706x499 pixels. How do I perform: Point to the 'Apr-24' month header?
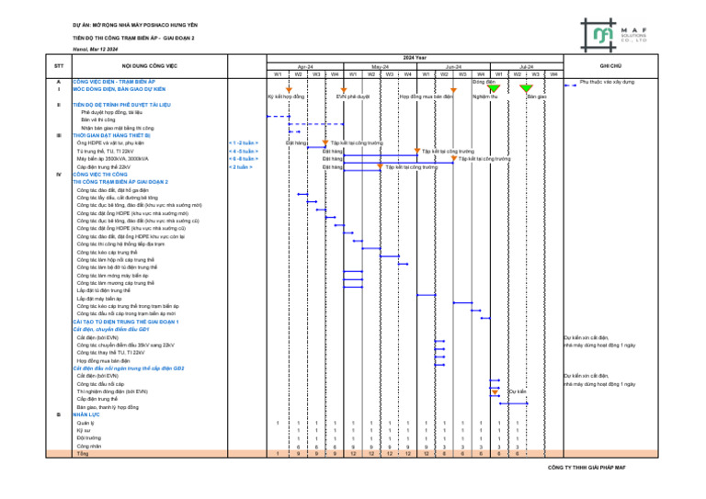tap(305, 67)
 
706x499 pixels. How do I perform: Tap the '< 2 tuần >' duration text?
tap(240, 167)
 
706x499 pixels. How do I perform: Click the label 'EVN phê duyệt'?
tap(353, 96)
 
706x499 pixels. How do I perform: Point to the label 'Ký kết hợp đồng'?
tap(286, 96)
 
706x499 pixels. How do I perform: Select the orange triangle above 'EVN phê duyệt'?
tap(344, 88)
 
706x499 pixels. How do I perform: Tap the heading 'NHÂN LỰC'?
tap(87, 414)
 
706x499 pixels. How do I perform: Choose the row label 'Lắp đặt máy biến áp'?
tap(99, 300)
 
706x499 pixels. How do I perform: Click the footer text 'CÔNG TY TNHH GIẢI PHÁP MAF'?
tap(586, 466)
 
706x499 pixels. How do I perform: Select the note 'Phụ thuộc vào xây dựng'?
tap(606, 82)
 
